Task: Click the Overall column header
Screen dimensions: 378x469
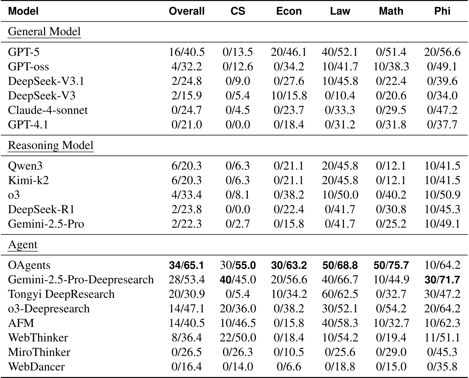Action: [x=187, y=11]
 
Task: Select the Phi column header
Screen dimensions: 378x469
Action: [x=442, y=11]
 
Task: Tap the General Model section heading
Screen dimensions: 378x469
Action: [x=44, y=31]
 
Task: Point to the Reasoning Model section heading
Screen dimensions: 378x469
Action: [x=51, y=145]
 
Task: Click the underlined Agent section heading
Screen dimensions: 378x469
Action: [x=23, y=244]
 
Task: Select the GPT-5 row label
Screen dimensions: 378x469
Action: [x=24, y=52]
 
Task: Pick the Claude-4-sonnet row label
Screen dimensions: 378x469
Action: [x=48, y=110]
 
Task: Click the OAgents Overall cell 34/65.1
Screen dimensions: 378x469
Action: [x=187, y=265]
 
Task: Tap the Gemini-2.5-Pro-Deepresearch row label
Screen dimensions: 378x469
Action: [x=81, y=280]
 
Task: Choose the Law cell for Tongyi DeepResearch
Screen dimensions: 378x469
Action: [x=340, y=294]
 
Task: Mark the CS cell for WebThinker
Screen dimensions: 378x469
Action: [x=238, y=338]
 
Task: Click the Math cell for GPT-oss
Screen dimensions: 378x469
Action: [x=391, y=66]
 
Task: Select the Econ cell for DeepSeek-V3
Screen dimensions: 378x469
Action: [x=289, y=95]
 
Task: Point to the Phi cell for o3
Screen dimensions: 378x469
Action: [x=442, y=195]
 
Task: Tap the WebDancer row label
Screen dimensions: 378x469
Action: [x=36, y=367]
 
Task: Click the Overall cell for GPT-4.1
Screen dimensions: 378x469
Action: [x=187, y=124]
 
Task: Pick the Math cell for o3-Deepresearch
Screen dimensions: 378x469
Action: [x=391, y=309]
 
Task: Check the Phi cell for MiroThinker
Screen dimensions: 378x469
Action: [x=442, y=352]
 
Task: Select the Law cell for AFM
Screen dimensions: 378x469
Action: [x=340, y=323]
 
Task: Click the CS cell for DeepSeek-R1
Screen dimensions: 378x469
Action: [x=238, y=209]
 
